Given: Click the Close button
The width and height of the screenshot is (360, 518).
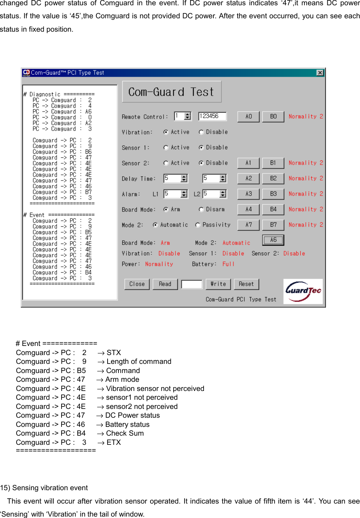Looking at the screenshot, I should [137, 284].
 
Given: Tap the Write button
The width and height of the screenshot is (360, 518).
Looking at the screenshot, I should [218, 284].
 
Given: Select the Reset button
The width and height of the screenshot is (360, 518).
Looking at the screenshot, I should [246, 284].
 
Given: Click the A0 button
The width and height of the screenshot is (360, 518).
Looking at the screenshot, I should [249, 116].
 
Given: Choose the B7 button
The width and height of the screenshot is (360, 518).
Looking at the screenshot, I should [273, 225].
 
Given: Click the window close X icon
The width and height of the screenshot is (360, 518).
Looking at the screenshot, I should [320, 72].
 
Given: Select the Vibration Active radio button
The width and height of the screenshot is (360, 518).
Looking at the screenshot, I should [166, 132].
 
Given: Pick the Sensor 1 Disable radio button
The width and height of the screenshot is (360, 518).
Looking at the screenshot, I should [201, 148].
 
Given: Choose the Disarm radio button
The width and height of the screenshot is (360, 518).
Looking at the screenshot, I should [201, 210].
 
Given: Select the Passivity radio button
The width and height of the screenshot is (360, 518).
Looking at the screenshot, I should [198, 225].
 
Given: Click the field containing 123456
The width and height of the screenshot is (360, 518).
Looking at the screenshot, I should [212, 116].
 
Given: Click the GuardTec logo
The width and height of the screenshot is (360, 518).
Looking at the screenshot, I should [303, 291].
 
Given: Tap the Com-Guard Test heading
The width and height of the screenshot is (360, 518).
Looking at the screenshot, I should [172, 92].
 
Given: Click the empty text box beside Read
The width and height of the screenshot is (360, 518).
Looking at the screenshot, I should [192, 284].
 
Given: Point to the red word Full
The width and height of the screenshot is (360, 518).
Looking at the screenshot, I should [228, 264].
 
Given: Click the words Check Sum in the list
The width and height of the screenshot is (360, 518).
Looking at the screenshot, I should [125, 433].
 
